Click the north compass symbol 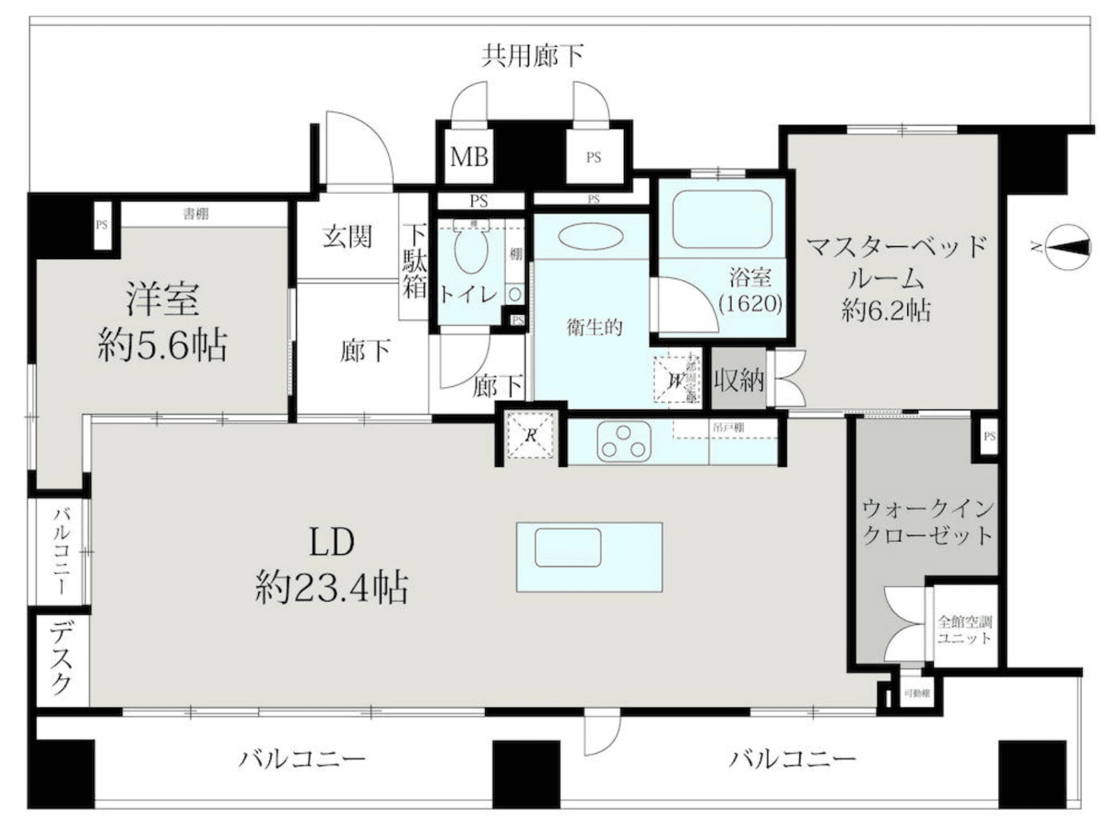(x=1069, y=247)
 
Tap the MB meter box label (x=469, y=157)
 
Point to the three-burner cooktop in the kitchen (x=624, y=441)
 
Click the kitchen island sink (x=568, y=547)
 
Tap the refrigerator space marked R (x=531, y=436)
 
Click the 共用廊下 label (x=533, y=55)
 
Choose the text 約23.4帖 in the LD (x=331, y=588)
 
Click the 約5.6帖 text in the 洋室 (x=163, y=346)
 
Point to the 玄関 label (x=347, y=237)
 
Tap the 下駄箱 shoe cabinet (x=414, y=261)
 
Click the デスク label (x=62, y=658)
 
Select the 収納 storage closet (x=738, y=379)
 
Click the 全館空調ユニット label (x=964, y=629)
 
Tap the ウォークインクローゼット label (x=927, y=521)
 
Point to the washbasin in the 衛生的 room (x=591, y=236)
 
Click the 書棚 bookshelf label (x=195, y=214)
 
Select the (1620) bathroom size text (x=750, y=303)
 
